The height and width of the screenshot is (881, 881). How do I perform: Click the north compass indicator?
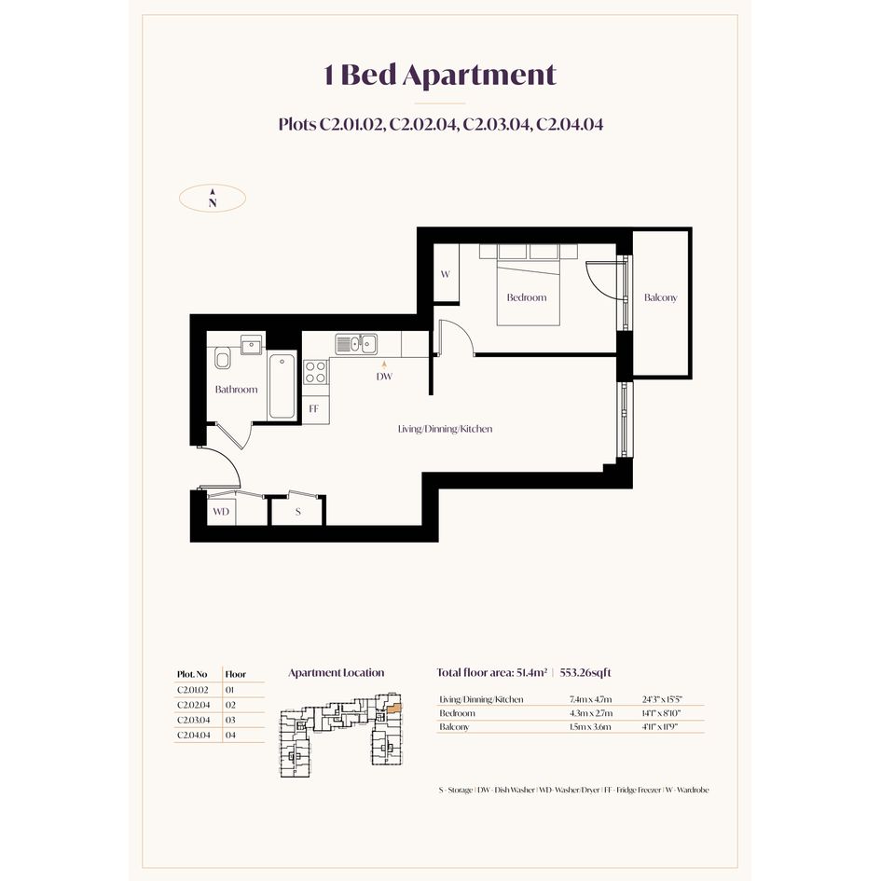point(213,198)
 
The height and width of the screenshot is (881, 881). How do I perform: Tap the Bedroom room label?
point(527,297)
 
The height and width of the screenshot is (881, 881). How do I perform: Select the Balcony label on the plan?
point(661,297)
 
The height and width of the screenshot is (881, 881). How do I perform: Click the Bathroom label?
point(236,389)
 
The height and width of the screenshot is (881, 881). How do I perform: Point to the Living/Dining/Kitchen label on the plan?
point(445,429)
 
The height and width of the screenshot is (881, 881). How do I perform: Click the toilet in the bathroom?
point(223,358)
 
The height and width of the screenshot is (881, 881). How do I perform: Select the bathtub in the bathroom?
point(282,387)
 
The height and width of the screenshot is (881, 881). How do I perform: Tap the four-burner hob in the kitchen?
point(316,372)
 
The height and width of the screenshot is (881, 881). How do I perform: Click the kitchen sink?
point(356,343)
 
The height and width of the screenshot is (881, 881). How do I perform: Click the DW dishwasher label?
point(384,377)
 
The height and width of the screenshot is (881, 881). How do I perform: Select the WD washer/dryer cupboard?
point(221,511)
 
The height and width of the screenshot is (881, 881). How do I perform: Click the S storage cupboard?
point(297,511)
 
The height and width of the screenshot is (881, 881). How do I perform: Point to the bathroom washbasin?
point(252,344)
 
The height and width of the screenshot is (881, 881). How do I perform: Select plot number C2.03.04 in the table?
point(193,720)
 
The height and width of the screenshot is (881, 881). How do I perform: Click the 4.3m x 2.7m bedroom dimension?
point(590,713)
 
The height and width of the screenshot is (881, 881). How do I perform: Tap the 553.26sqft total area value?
point(585,672)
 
